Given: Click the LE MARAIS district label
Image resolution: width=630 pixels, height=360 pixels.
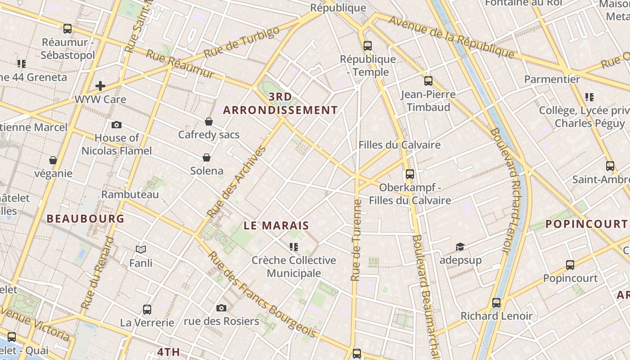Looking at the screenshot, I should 276,225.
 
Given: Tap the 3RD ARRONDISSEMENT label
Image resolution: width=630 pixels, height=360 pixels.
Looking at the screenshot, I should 280,103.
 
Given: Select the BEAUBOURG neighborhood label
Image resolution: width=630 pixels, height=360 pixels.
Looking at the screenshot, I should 85,219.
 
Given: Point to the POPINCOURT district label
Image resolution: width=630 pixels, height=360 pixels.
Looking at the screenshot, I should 586,224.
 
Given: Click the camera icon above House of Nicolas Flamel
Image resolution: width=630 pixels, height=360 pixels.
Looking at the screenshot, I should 117,125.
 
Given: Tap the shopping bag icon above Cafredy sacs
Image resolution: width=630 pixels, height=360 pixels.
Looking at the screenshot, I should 209,121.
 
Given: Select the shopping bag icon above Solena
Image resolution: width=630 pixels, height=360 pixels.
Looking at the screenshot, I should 207,157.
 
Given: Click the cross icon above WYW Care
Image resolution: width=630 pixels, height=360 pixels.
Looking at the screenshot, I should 100,85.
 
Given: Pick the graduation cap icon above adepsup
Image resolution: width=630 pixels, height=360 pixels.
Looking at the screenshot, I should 460,247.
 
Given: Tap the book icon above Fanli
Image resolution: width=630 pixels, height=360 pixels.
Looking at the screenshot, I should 141,249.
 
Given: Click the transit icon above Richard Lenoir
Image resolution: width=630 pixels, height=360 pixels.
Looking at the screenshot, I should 496,303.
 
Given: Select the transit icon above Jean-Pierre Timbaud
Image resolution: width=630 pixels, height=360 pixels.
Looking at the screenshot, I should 428,81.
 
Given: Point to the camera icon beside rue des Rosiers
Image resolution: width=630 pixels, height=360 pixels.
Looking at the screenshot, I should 221,308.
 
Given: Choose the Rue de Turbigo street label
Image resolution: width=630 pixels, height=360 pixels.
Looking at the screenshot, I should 242,42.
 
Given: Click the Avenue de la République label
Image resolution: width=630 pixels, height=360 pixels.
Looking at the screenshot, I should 451,37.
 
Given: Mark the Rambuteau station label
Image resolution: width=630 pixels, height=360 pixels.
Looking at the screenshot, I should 130,194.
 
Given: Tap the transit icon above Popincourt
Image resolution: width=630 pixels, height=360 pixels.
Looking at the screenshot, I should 570,265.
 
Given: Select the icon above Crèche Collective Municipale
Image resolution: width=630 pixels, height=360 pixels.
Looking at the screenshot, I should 294,247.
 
